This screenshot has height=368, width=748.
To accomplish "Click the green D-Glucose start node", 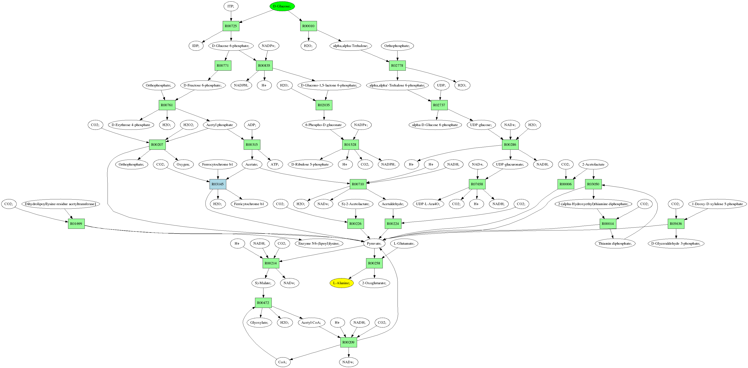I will [282, 6].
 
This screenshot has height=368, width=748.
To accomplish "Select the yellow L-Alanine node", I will [341, 283].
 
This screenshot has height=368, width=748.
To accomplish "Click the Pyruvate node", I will [374, 243].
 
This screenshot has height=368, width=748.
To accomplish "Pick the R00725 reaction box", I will [231, 26].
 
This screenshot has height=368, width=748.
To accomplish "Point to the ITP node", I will [231, 6].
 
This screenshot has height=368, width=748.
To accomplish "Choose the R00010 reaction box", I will [308, 26].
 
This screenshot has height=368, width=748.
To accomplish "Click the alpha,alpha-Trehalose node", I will [350, 46].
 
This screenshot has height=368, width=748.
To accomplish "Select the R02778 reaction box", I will [397, 65].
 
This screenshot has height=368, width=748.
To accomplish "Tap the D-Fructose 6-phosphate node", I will [202, 85].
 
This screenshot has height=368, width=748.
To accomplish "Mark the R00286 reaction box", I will [510, 145].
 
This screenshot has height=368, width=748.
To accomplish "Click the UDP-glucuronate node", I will [510, 164].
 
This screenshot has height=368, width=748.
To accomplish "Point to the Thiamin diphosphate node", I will [615, 243].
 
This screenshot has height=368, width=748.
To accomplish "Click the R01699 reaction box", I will [76, 223].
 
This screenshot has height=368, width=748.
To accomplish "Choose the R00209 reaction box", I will [348, 342].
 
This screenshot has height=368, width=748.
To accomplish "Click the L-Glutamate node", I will [404, 243].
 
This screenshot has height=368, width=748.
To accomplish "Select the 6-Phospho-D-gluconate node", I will [324, 125].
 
